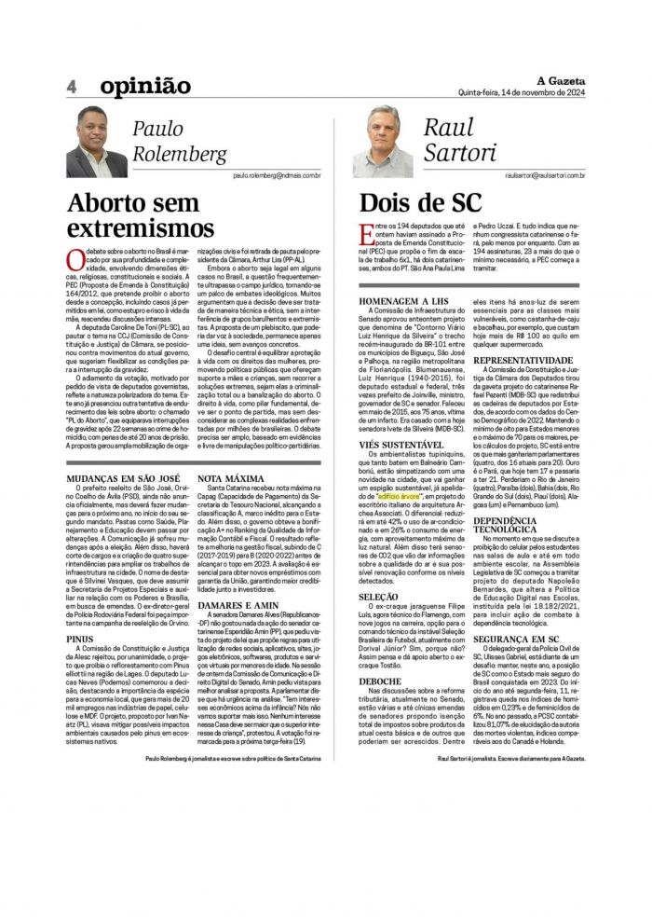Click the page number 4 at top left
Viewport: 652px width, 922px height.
[71, 86]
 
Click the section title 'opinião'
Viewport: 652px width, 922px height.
[144, 86]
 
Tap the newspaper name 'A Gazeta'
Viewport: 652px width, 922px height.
[559, 80]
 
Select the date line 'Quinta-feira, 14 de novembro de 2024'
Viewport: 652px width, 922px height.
[522, 92]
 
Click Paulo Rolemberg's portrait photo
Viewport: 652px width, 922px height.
[96, 142]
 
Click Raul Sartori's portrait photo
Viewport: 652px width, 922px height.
[382, 142]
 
